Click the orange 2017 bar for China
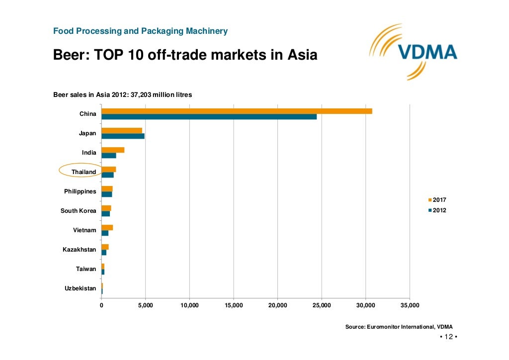[237, 111]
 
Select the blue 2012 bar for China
[209, 117]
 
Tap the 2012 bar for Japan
[123, 136]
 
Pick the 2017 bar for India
[113, 150]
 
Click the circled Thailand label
[84, 172]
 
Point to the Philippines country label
[80, 191]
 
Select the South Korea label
[79, 211]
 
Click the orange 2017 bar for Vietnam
[107, 227]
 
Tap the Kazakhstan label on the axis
[80, 250]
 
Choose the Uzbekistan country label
[81, 288]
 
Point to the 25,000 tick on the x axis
[322, 305]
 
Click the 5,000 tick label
[145, 305]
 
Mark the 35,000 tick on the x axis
[410, 305]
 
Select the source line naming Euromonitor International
[399, 327]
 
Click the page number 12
[448, 337]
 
